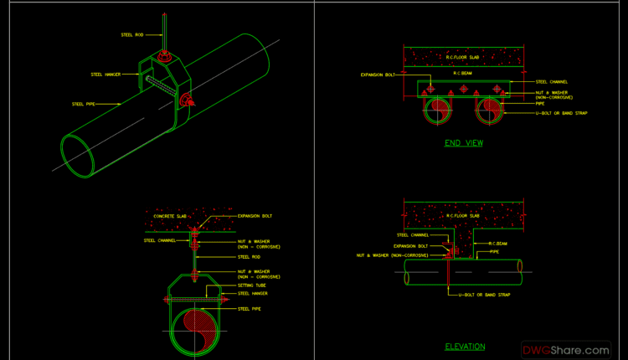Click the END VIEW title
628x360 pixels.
point(464,143)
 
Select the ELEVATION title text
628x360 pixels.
point(464,346)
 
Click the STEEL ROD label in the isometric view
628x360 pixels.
point(132,34)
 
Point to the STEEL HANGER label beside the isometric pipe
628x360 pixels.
point(106,75)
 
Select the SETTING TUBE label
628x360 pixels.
point(252,285)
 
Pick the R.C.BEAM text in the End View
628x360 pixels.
point(463,74)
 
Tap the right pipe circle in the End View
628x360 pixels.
point(491,110)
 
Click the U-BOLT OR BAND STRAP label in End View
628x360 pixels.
point(561,112)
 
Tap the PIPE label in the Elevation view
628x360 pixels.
point(494,251)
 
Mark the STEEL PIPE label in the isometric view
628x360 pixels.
point(84,104)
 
